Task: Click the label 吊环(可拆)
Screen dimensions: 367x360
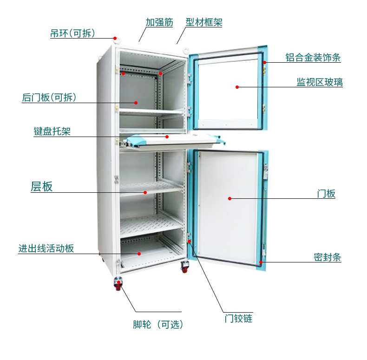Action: (x=73, y=33)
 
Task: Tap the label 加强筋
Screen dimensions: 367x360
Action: (x=159, y=22)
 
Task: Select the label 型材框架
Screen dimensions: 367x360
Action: (x=203, y=22)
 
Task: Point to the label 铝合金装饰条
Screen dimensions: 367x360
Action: (x=313, y=58)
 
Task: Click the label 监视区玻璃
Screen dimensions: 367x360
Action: (x=320, y=82)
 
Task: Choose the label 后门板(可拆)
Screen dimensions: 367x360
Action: (x=49, y=98)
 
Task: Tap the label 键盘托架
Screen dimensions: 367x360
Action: (x=52, y=131)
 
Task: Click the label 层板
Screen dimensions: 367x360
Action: (x=42, y=187)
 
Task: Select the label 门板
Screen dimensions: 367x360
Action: (x=326, y=194)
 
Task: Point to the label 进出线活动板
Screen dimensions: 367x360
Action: (x=46, y=249)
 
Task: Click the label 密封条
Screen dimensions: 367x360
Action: (x=328, y=257)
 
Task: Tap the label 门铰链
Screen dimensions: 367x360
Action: (x=238, y=319)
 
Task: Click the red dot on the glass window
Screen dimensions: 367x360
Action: (x=237, y=87)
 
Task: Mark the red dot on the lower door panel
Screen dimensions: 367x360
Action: (x=229, y=198)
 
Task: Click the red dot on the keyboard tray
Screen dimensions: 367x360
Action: (x=167, y=137)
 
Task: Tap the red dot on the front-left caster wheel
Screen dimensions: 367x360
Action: (x=118, y=282)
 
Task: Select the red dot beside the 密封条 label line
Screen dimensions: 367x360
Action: (x=262, y=262)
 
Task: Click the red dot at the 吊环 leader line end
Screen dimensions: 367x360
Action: (x=114, y=38)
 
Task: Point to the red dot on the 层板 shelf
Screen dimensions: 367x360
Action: (x=145, y=192)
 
